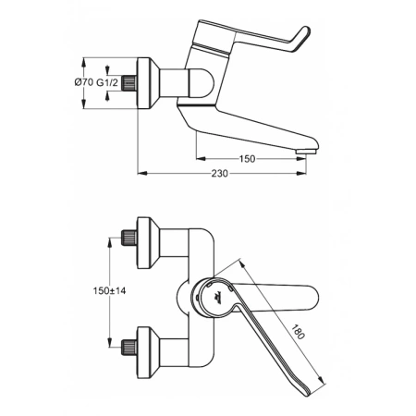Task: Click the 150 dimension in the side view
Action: click(x=246, y=159)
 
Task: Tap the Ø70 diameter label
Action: click(x=83, y=83)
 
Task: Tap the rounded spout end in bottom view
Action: click(x=314, y=300)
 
